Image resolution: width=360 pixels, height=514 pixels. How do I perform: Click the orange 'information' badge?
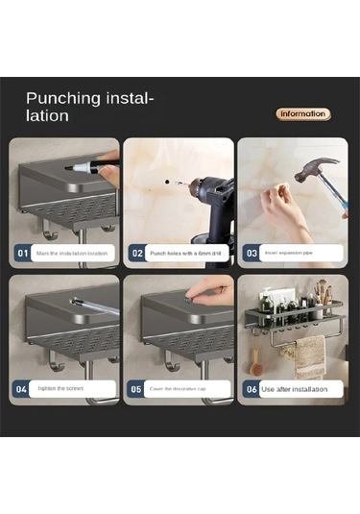point(303,113)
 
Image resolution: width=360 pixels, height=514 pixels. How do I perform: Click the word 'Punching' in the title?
point(62,98)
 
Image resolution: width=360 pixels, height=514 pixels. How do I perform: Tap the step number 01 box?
point(22,254)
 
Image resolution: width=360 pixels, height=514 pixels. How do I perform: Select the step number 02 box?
point(136,254)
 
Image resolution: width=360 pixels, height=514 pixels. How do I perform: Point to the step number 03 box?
point(251,254)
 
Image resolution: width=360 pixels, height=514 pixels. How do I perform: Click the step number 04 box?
point(22,390)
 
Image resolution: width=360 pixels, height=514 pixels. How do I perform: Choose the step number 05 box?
point(136,390)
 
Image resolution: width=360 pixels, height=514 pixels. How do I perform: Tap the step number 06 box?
point(251,390)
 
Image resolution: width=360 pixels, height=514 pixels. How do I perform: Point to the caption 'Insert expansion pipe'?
point(288,254)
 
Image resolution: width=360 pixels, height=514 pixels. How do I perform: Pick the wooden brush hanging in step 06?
point(256,363)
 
